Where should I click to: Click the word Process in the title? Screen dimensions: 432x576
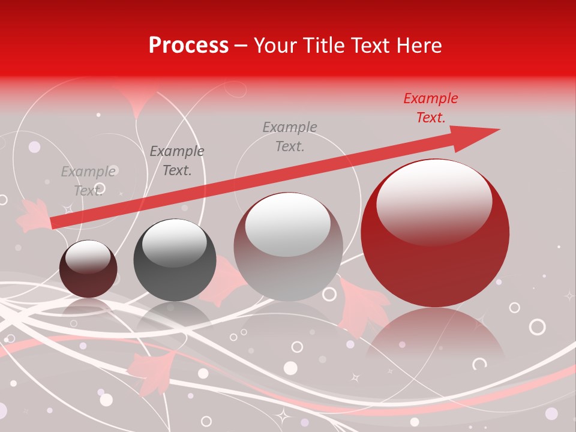tap(188, 46)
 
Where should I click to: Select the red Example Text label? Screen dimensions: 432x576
tap(430, 108)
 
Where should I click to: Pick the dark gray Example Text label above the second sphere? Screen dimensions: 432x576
tap(177, 161)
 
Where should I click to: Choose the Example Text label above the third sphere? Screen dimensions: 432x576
tap(290, 136)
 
